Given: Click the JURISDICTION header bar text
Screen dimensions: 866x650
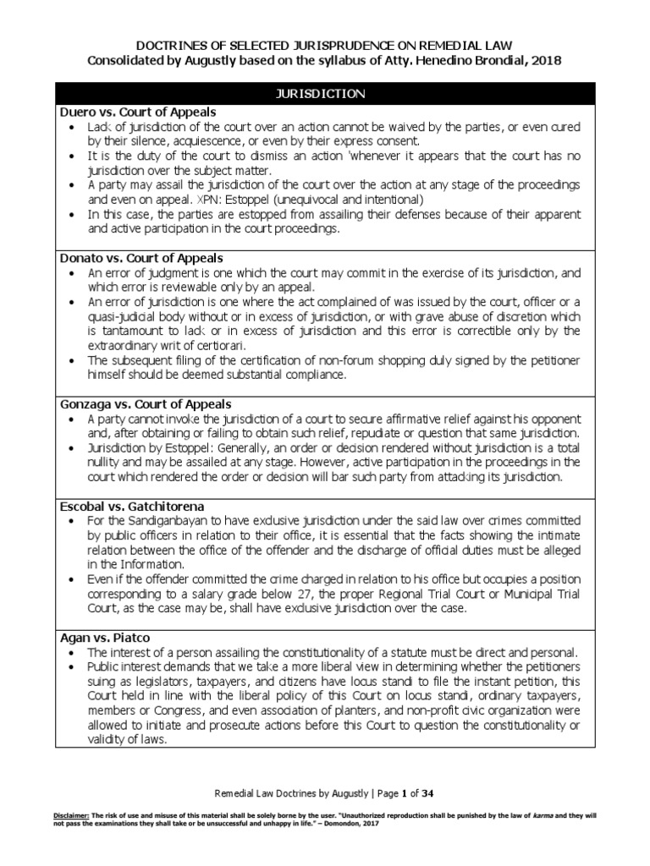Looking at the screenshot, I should pyautogui.click(x=325, y=94).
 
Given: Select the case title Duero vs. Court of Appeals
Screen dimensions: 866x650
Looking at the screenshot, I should pyautogui.click(x=137, y=112).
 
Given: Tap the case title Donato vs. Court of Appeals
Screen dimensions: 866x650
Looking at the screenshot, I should pyautogui.click(x=140, y=257).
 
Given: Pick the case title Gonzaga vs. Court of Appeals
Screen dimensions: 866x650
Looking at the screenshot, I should pyautogui.click(x=145, y=404).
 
